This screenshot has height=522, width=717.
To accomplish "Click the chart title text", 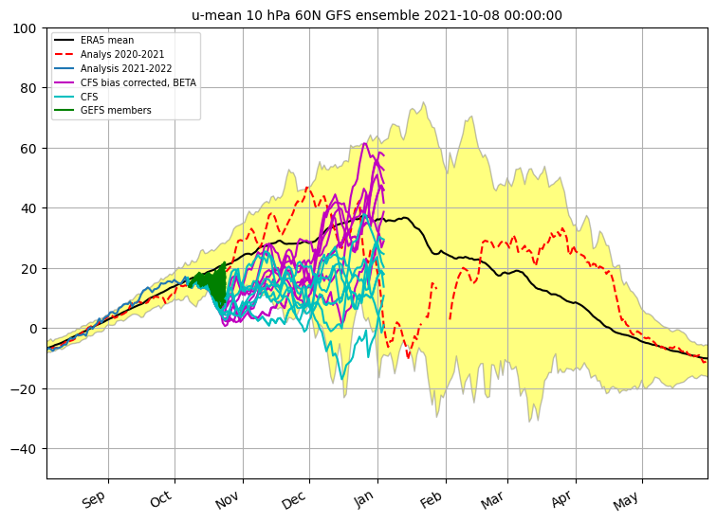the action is click(377, 15).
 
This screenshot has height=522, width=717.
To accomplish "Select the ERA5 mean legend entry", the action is click(94, 40).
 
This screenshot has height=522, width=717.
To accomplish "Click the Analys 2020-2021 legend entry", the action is click(109, 54).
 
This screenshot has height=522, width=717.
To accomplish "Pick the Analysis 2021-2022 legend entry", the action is click(113, 68).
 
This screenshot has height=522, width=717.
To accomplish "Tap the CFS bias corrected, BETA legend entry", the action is click(125, 82).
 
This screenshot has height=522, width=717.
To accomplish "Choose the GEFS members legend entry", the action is click(102, 110).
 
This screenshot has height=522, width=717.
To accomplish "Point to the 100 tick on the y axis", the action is click(25, 28).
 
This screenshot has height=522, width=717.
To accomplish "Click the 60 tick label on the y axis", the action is click(28, 149).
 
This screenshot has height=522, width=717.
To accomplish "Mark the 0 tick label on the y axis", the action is click(32, 329).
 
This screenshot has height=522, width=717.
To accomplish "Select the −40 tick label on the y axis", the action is click(24, 449).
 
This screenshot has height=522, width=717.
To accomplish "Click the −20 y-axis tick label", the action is click(24, 388).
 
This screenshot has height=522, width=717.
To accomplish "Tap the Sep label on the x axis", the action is click(94, 499).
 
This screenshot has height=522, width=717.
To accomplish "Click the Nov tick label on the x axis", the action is click(228, 500).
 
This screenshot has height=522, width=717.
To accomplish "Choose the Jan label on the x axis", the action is click(363, 499).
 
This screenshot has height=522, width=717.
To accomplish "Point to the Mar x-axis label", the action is click(492, 500).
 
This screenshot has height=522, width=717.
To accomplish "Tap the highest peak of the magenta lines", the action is click(364, 143).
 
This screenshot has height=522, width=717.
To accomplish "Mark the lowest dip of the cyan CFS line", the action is click(342, 379).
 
